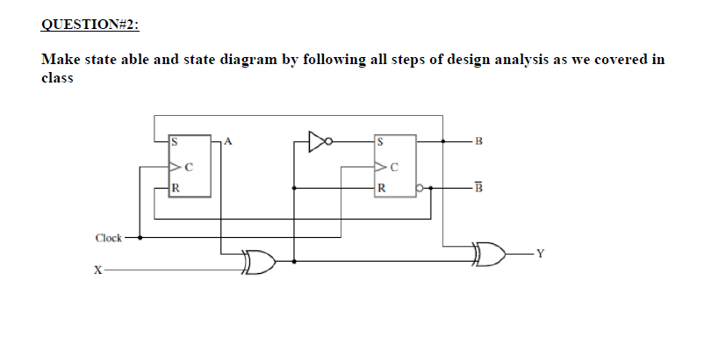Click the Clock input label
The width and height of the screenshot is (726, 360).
pos(109,237)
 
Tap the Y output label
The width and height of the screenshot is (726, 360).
pos(541,256)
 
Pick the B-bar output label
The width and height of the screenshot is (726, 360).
pos(478,186)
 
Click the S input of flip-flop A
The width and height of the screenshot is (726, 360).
pos(175,140)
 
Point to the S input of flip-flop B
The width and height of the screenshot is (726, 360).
pos(379,140)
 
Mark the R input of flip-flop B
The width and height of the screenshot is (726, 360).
pos(379,186)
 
